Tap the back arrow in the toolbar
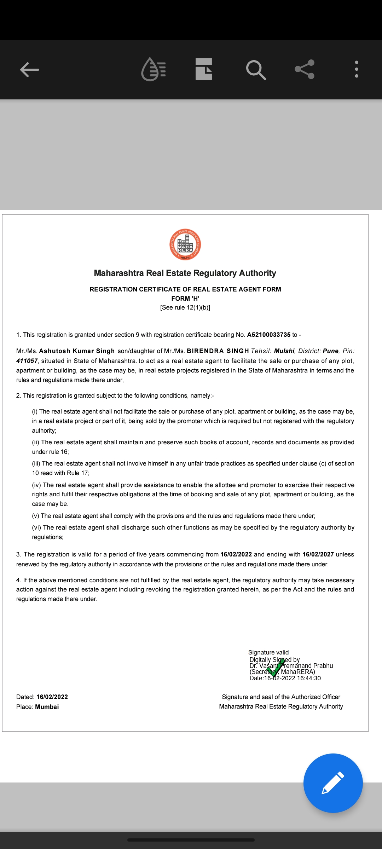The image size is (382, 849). click(x=29, y=69)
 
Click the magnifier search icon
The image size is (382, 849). click(x=256, y=70)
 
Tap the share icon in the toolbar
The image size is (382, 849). click(x=305, y=69)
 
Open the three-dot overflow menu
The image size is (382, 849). click(x=356, y=69)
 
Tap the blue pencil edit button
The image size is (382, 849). click(x=333, y=783)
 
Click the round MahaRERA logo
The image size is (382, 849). click(x=185, y=245)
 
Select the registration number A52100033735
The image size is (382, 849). click(x=268, y=335)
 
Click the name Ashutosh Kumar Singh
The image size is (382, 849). click(x=77, y=351)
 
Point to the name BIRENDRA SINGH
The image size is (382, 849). click(x=218, y=351)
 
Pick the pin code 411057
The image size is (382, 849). click(x=27, y=361)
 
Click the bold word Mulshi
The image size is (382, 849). click(x=284, y=351)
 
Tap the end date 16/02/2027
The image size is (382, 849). click(x=318, y=554)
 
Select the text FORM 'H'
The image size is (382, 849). click(x=185, y=299)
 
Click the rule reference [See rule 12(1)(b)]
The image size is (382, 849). click(x=185, y=307)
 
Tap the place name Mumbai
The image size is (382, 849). click(x=47, y=707)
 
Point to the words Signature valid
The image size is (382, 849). click(x=268, y=652)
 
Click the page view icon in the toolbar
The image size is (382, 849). click(x=204, y=69)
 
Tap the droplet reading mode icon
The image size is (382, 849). click(x=154, y=69)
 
